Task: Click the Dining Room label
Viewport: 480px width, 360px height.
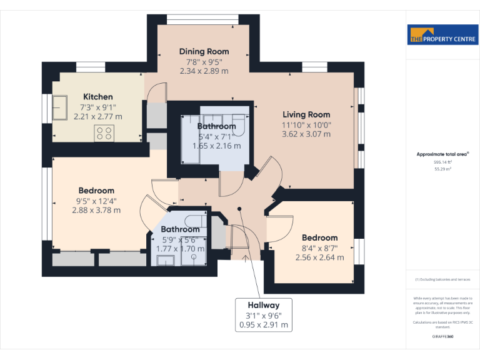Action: tap(204, 51)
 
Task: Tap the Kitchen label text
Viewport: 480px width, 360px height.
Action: tap(98, 97)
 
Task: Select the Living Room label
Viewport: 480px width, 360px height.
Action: tap(306, 114)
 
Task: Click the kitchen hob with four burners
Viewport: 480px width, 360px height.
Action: tap(104, 132)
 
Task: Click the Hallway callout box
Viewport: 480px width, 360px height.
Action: tap(263, 315)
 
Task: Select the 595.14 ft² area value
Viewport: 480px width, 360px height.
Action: tap(442, 162)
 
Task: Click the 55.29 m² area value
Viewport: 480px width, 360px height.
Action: tap(442, 169)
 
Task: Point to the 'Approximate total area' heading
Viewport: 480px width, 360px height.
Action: tap(442, 154)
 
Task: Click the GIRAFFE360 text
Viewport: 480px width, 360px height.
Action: tap(442, 337)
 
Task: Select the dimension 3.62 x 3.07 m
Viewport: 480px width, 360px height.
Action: tap(306, 134)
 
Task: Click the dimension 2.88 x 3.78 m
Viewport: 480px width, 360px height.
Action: tap(96, 210)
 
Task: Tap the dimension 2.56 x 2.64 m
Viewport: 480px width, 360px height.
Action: tap(319, 257)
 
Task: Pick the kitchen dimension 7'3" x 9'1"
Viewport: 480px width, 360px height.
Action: tap(98, 107)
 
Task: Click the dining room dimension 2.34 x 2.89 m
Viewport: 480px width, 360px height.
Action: tap(204, 71)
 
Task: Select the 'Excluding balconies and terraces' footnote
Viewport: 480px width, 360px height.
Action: tap(442, 279)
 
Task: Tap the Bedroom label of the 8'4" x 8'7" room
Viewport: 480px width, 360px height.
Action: tap(319, 237)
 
